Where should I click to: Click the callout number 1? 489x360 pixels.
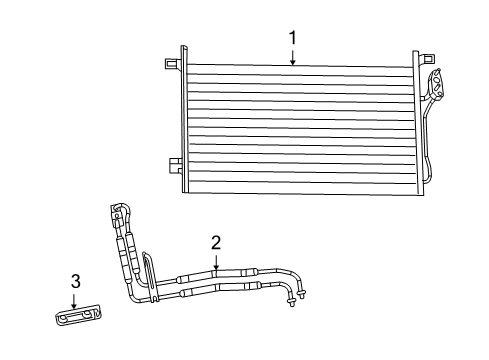pyautogui.click(x=293, y=38)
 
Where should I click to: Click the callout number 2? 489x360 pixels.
pyautogui.click(x=215, y=242)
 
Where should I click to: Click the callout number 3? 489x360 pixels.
pyautogui.click(x=75, y=282)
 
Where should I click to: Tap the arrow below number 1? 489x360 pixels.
pyautogui.click(x=293, y=57)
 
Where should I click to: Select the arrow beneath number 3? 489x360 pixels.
pyautogui.click(x=75, y=301)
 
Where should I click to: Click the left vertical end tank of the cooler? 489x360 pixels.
pyautogui.click(x=183, y=120)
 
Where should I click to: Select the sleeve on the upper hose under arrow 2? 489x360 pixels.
pyautogui.click(x=215, y=272)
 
